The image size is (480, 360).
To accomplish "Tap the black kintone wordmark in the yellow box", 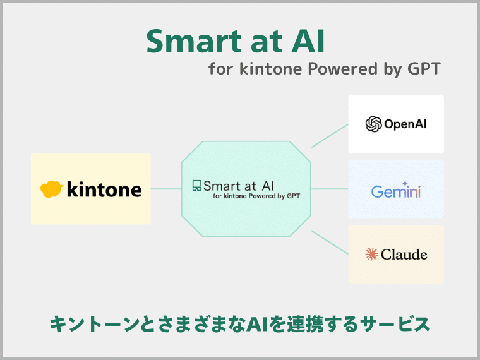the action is (104, 189).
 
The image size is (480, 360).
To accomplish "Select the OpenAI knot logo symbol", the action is (373, 124).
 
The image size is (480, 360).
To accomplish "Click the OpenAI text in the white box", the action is (405, 124).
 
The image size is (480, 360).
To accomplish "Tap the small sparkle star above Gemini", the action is (405, 184).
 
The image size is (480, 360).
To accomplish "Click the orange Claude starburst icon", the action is (371, 254).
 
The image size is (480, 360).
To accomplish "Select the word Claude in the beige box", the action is (404, 255).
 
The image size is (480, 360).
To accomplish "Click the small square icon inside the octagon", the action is (196, 186).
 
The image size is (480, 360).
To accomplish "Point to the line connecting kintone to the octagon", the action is (166, 189).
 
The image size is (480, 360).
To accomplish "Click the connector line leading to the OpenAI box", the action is (330, 136).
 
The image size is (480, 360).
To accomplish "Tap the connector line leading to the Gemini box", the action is (330, 189).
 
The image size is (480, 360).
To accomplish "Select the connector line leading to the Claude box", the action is (330, 243).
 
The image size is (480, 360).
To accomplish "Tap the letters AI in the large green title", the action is (308, 41).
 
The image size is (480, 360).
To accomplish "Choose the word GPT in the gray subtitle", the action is (424, 68).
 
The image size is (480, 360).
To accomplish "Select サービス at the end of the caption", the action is (395, 324).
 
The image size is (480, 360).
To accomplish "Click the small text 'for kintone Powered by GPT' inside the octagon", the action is (256, 196).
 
